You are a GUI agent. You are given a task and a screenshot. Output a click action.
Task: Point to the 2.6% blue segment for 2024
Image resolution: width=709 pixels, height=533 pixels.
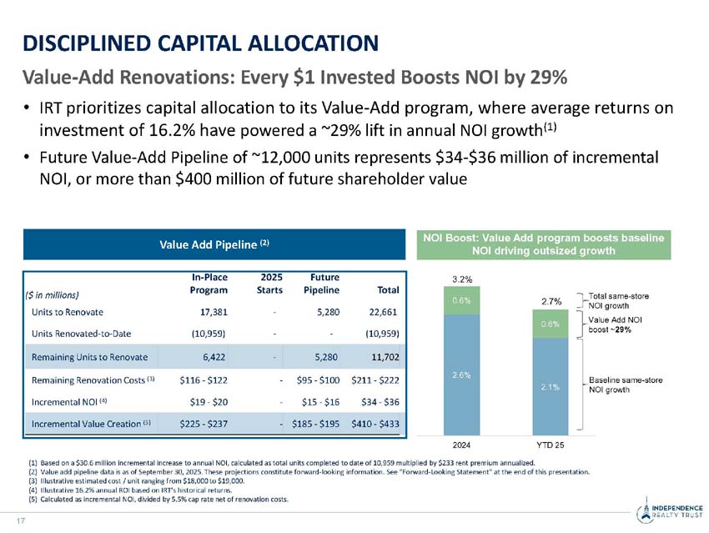tap(461, 375)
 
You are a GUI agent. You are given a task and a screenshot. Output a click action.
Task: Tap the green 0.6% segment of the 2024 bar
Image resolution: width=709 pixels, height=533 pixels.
tap(461, 299)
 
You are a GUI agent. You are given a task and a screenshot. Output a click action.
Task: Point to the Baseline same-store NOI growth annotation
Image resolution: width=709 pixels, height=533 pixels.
tap(626, 385)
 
